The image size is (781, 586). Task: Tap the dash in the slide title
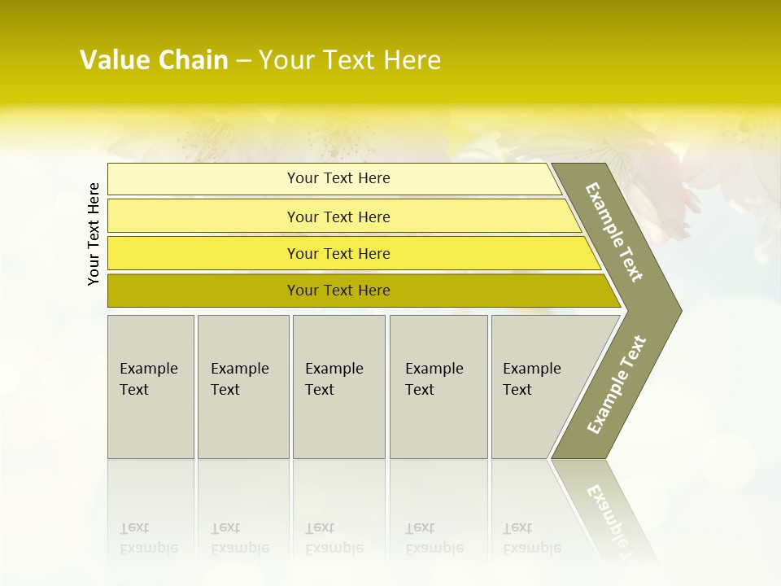click(243, 61)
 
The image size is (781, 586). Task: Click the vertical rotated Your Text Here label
click(94, 234)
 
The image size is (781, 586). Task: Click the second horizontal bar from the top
click(338, 216)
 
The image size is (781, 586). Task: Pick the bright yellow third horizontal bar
click(338, 253)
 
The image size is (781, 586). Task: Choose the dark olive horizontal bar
click(338, 291)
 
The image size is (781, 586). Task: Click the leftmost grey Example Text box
click(151, 387)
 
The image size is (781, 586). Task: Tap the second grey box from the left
click(243, 387)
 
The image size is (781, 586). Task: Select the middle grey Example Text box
click(338, 387)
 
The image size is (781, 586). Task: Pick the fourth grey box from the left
click(438, 387)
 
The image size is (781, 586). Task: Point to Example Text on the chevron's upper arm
click(614, 233)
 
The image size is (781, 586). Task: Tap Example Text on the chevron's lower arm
click(616, 385)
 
